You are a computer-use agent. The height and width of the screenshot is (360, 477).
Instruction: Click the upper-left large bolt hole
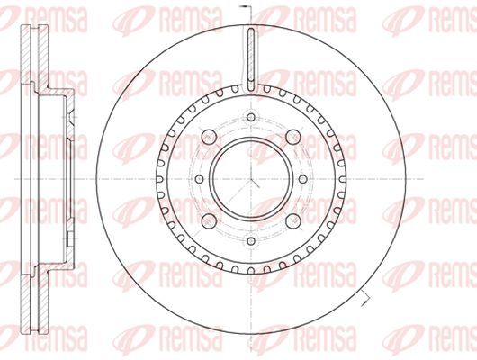pos(210,137)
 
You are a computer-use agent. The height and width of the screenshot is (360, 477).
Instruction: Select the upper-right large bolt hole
pos(293,137)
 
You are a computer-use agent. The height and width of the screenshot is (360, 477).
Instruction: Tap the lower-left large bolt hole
pos(210,220)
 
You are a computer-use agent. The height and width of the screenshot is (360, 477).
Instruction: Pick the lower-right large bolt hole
pos(293,220)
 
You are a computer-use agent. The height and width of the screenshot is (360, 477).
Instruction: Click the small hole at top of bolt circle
pos(251,117)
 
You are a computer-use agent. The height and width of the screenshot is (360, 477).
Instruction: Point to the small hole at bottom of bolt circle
pos(251,241)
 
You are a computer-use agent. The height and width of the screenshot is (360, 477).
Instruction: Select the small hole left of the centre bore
pos(199,179)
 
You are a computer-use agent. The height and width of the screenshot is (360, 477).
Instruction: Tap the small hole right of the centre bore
pos(303,179)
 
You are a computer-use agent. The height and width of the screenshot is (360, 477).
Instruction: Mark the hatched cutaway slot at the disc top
pos(251,59)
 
